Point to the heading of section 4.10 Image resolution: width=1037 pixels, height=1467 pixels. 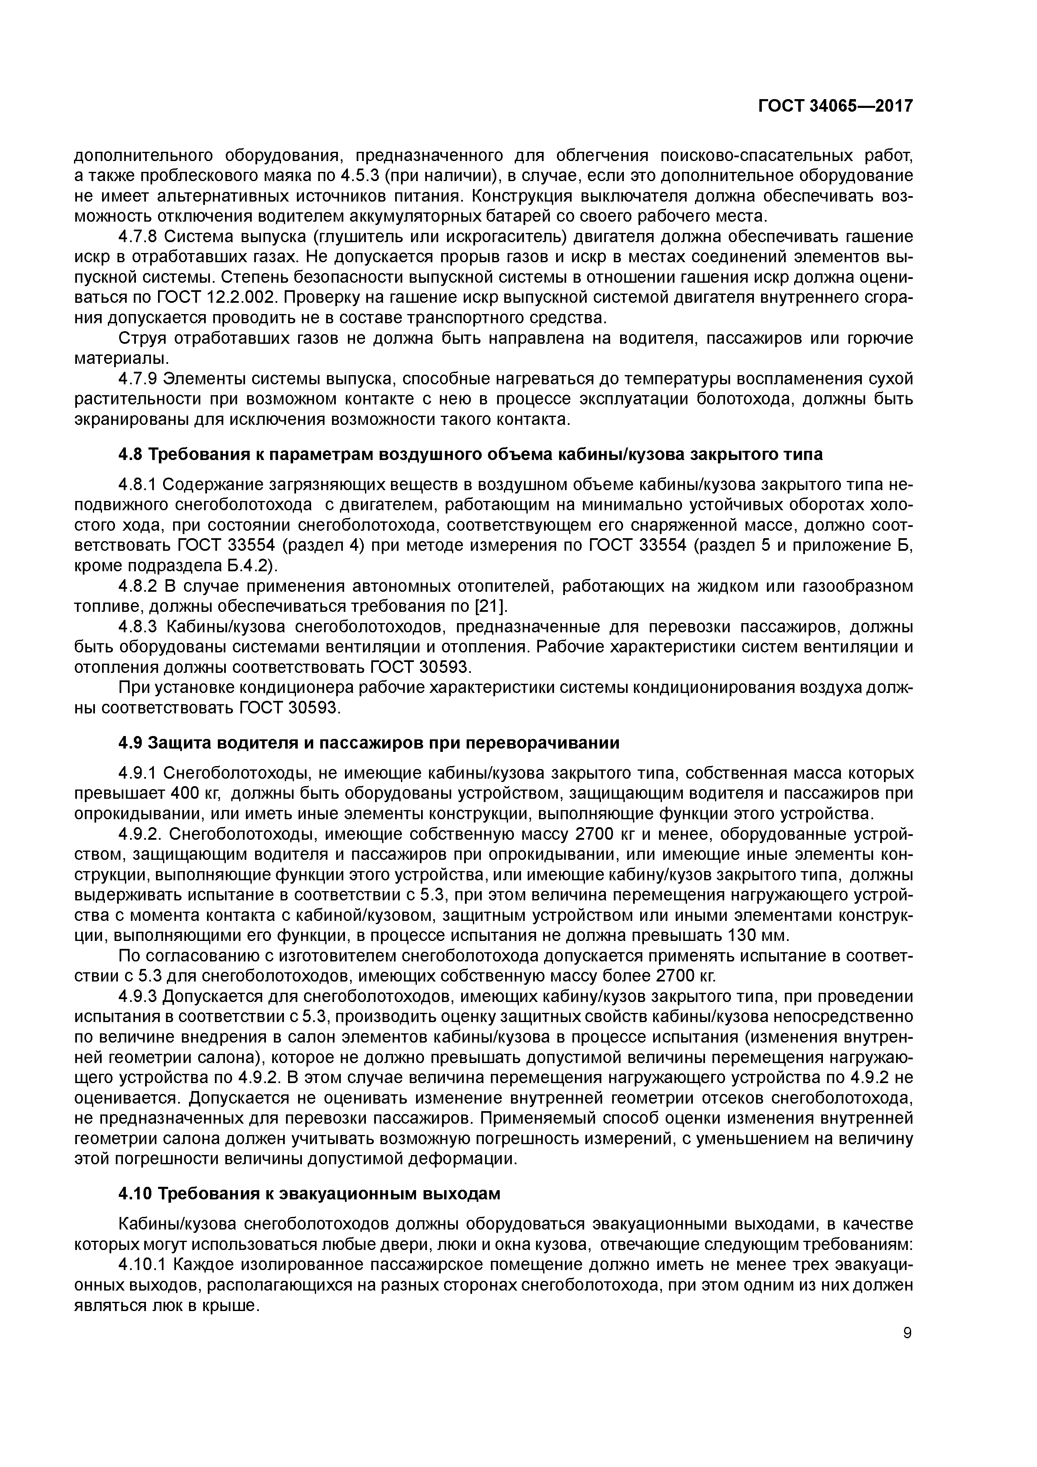309,1194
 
